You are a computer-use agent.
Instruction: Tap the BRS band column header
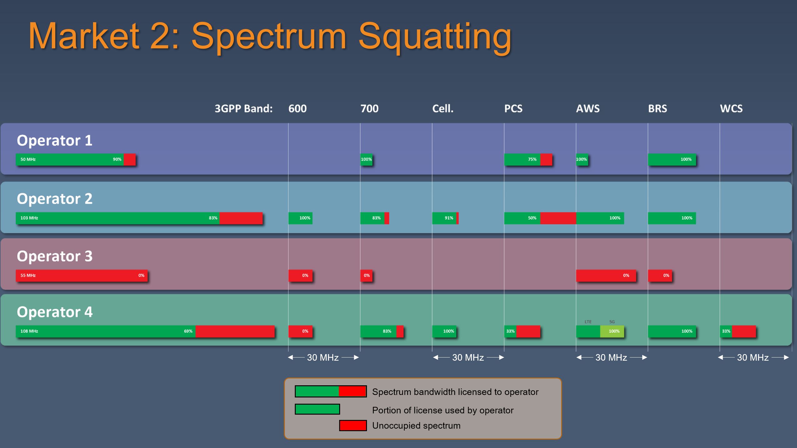tap(657, 109)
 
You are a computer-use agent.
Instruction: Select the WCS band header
tap(731, 109)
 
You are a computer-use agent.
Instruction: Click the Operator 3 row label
tap(55, 256)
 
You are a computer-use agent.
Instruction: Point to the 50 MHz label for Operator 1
tap(28, 159)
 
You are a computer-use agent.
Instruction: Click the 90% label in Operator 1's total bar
tap(117, 159)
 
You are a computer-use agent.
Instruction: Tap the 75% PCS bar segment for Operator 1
tap(522, 159)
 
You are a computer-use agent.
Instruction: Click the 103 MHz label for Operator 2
tap(29, 218)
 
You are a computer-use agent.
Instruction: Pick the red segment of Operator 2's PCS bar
tap(558, 218)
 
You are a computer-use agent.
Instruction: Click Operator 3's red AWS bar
tap(606, 275)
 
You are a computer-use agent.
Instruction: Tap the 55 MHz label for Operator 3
tap(28, 275)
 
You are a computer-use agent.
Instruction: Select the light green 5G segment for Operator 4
tap(612, 331)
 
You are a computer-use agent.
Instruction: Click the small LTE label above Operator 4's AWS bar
tap(588, 322)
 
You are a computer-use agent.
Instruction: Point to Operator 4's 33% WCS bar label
tap(726, 331)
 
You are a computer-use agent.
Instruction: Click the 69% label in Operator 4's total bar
tap(188, 331)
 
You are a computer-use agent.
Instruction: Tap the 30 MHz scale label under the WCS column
tap(753, 358)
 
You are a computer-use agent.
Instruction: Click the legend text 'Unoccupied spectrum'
tap(416, 426)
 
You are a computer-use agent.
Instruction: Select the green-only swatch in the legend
tap(317, 409)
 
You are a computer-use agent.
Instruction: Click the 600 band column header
tap(297, 109)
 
